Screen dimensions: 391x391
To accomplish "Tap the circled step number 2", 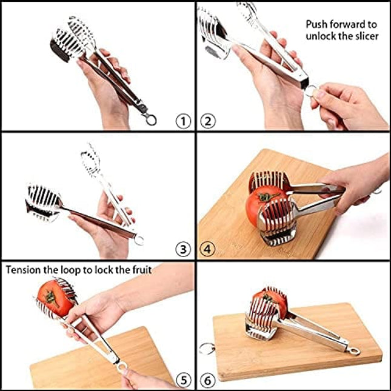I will pyautogui.click(x=207, y=121).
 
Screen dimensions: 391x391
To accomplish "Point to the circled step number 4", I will pyautogui.click(x=207, y=249).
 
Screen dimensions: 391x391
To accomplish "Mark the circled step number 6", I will pyautogui.click(x=207, y=380).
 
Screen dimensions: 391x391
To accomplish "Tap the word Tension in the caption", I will pyautogui.click(x=24, y=269).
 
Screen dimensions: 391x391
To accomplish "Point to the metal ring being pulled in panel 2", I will pyautogui.click(x=312, y=92).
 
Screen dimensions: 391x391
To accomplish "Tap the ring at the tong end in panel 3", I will pyautogui.click(x=139, y=240).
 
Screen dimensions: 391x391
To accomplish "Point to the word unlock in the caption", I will pyautogui.click(x=320, y=36).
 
